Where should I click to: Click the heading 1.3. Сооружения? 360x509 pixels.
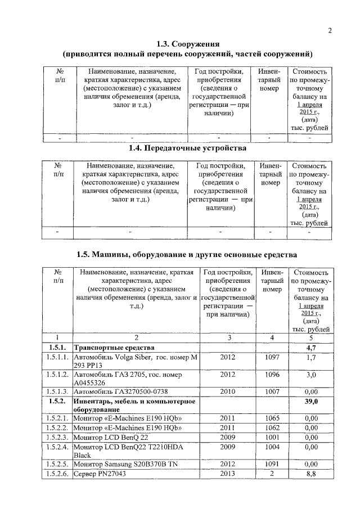tap(187, 44)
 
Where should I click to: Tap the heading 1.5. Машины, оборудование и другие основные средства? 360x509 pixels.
tap(187, 255)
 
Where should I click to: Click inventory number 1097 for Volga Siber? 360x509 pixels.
tap(272, 357)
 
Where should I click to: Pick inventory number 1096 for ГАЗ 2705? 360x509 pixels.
tap(272, 374)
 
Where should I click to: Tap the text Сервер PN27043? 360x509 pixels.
tap(100, 474)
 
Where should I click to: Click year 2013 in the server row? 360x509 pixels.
tap(228, 474)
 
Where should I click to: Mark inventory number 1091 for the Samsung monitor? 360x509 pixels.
tap(272, 465)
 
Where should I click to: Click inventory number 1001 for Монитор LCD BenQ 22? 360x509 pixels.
tap(272, 437)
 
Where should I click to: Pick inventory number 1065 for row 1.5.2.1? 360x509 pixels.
tap(272, 418)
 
